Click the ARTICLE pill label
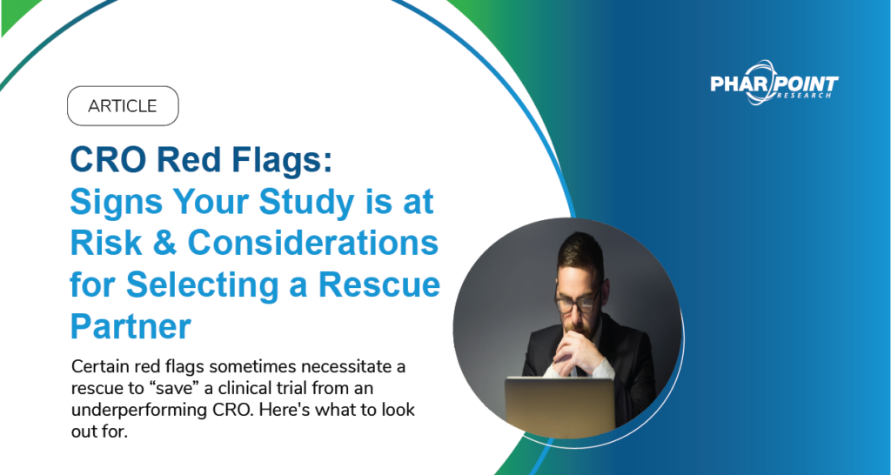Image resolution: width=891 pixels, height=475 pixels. tap(123, 106)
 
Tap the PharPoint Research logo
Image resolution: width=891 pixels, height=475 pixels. tap(774, 85)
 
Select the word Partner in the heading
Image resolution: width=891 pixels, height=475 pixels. tap(131, 325)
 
